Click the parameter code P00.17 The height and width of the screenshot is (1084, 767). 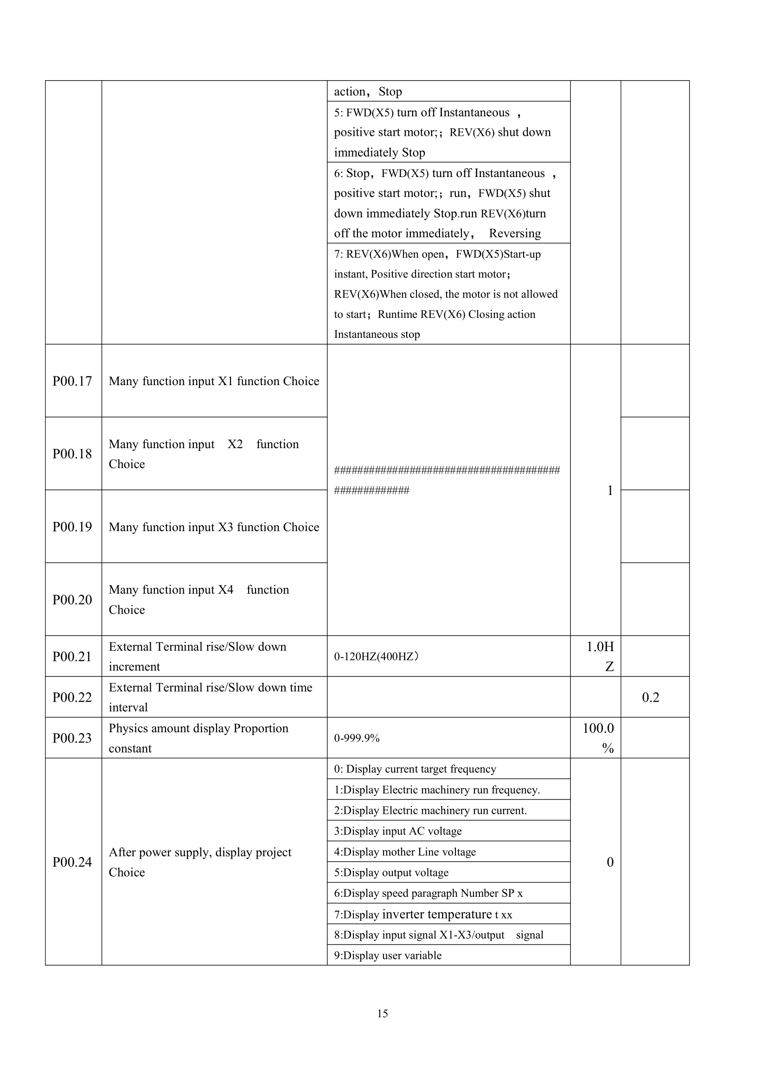tap(72, 381)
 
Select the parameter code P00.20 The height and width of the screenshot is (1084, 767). tap(72, 600)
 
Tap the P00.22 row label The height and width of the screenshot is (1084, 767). tap(72, 697)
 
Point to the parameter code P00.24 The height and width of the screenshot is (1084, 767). tap(72, 862)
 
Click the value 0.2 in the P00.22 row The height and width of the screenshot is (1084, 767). tap(650, 697)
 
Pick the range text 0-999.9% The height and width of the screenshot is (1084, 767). tap(357, 738)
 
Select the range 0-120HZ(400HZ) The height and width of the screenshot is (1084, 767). tap(376, 657)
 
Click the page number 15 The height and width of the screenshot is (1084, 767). tap(383, 1013)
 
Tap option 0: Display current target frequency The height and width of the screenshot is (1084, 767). tap(415, 769)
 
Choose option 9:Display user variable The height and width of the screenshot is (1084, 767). tap(388, 956)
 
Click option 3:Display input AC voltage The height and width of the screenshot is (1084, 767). tap(398, 831)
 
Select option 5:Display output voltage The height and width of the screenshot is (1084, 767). tap(391, 873)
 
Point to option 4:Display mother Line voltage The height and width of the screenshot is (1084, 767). tap(405, 852)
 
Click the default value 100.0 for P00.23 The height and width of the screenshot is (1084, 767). tap(598, 729)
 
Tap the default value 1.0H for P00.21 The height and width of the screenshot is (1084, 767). tap(600, 647)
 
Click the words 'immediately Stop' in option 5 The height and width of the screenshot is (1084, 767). tap(380, 152)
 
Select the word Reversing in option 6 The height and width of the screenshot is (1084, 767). tap(515, 233)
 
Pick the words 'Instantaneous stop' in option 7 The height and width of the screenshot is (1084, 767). tap(377, 334)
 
